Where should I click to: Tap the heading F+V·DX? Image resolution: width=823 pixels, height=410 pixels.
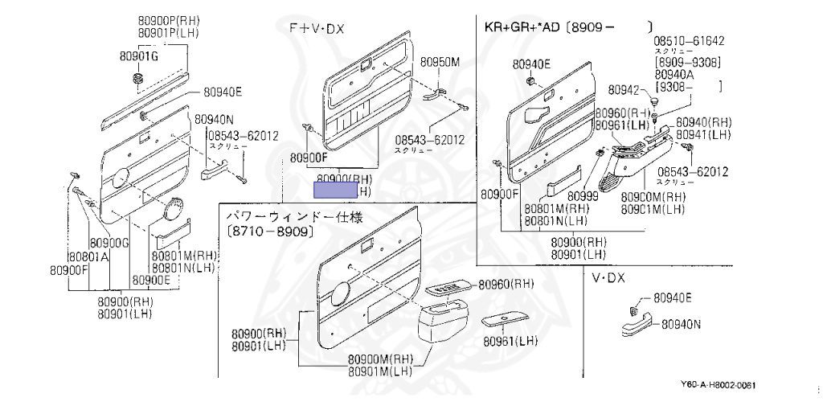(317, 28)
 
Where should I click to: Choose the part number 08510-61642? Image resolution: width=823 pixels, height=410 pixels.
(688, 40)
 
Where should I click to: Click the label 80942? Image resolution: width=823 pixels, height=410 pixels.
(624, 89)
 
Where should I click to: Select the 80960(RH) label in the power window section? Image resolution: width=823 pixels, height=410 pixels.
(506, 284)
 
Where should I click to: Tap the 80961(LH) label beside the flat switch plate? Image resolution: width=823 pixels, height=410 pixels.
(510, 341)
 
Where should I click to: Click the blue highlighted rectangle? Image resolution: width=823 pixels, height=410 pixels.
(335, 190)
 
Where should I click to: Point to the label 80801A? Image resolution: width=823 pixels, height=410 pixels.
(88, 257)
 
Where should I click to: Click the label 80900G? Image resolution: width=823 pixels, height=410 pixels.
(109, 243)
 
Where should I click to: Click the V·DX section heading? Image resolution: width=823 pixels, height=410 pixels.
(608, 278)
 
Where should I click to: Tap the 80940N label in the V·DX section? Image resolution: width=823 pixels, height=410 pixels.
(682, 325)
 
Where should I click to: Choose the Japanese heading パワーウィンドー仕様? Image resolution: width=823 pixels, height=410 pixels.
(294, 217)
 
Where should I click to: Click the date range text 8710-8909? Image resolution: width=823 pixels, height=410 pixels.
(269, 232)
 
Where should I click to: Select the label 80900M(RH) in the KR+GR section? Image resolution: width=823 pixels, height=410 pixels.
(653, 197)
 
